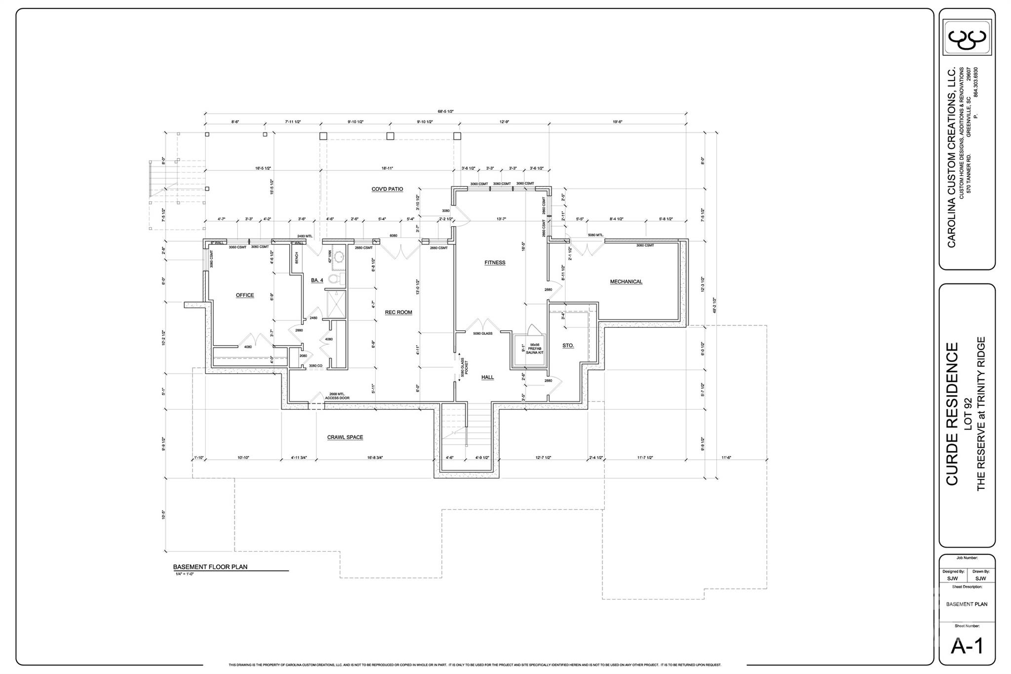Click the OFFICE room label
pyautogui.click(x=245, y=295)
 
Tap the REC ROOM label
pyautogui.click(x=398, y=312)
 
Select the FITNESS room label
pyautogui.click(x=495, y=263)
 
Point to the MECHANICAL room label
pyautogui.click(x=626, y=281)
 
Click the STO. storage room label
pyautogui.click(x=568, y=346)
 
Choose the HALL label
pyautogui.click(x=488, y=377)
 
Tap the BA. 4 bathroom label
pyautogui.click(x=317, y=280)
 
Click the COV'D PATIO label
pyautogui.click(x=388, y=189)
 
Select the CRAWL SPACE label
pyautogui.click(x=345, y=437)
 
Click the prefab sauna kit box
pyautogui.click(x=529, y=350)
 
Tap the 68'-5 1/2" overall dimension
pyautogui.click(x=445, y=112)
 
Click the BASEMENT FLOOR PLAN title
pyautogui.click(x=210, y=567)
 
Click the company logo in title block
pyautogui.click(x=967, y=38)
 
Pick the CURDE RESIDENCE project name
pyautogui.click(x=952, y=414)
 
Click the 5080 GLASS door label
pyautogui.click(x=483, y=334)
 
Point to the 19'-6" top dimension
pyautogui.click(x=617, y=122)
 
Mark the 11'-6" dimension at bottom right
pyautogui.click(x=726, y=458)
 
